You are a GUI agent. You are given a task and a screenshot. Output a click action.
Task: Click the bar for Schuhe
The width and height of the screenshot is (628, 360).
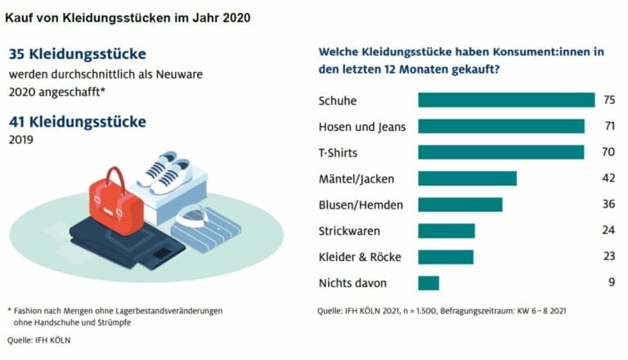[505, 100]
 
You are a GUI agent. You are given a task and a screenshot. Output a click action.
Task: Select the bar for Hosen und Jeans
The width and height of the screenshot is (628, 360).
[500, 126]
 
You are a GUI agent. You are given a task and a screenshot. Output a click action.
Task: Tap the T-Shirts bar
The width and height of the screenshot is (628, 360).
[500, 152]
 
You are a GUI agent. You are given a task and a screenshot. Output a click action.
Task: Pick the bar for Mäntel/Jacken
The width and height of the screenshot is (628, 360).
[467, 178]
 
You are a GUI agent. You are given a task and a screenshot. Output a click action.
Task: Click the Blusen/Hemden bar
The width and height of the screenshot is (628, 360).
[460, 205]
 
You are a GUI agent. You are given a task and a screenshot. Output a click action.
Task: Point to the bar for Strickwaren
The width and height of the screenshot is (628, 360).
[446, 231]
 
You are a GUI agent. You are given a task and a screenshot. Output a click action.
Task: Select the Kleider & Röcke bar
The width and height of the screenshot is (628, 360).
[445, 257]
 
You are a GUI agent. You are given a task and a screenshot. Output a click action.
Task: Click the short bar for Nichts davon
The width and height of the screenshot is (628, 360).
[428, 283]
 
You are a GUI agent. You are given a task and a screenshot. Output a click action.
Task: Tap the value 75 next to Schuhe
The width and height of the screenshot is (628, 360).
[608, 100]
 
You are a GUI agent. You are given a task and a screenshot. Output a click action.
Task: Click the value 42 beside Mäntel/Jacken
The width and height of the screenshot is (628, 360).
[608, 178]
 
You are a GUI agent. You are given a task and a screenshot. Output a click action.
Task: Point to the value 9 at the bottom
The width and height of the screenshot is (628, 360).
[612, 283]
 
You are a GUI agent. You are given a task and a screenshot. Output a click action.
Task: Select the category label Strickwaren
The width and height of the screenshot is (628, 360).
[348, 231]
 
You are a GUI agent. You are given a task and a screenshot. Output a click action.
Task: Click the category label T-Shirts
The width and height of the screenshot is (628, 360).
[337, 152]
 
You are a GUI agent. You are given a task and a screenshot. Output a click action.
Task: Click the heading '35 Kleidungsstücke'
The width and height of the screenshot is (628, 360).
[77, 54]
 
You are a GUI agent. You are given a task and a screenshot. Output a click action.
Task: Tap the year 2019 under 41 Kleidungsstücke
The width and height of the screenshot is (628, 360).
[22, 140]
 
